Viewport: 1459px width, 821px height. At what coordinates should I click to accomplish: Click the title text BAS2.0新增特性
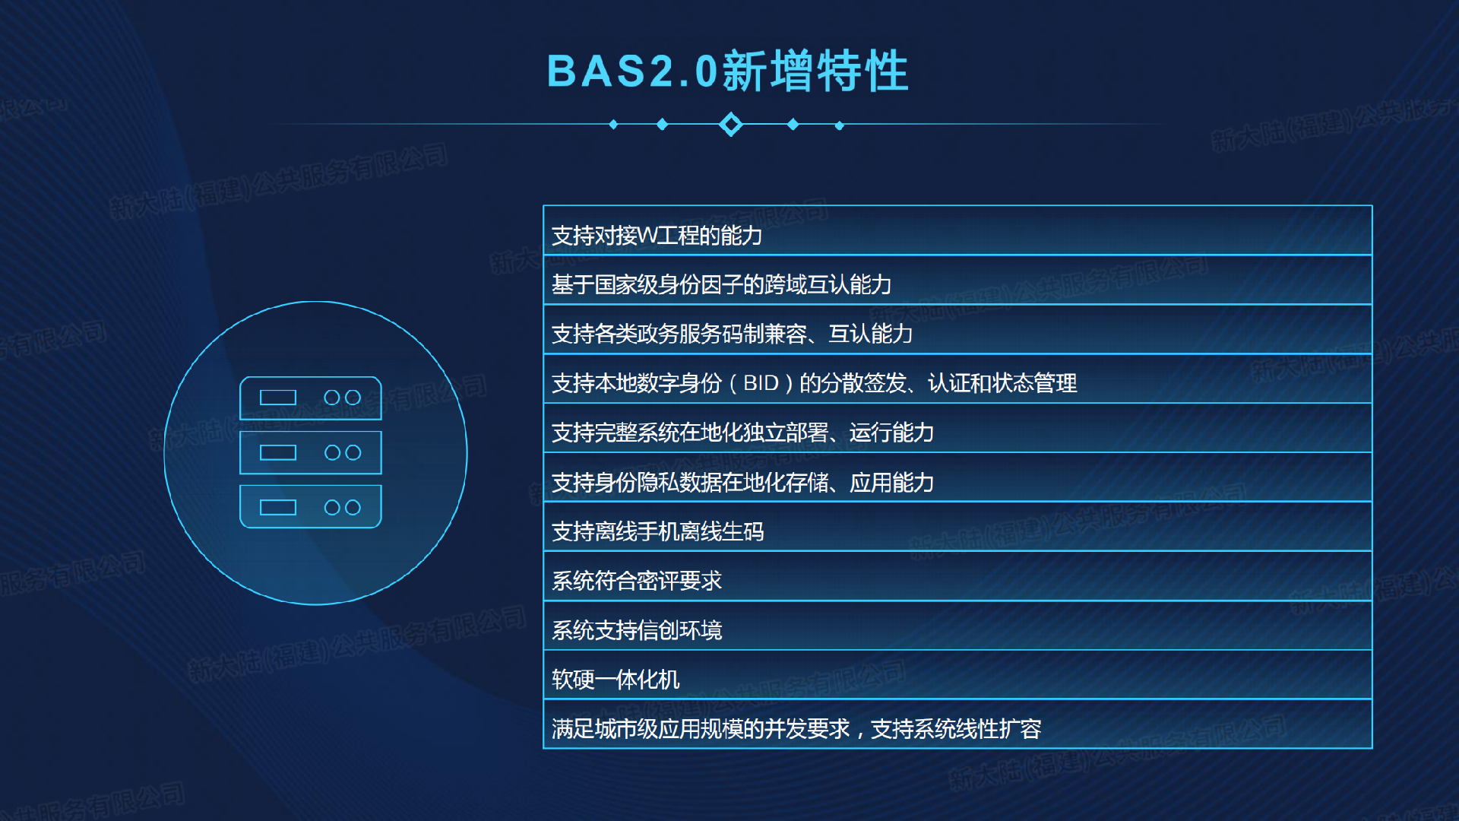point(728,71)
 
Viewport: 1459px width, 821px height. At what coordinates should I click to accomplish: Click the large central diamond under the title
point(731,124)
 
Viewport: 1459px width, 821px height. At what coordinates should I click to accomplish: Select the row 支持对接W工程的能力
point(957,231)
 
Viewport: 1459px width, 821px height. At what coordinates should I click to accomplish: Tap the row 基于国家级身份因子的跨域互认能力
point(957,281)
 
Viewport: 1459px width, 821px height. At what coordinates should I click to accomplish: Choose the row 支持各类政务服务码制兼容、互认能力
point(957,330)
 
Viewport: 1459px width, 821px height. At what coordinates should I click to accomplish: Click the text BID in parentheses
point(761,383)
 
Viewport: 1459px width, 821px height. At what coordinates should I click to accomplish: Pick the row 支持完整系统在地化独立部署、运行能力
point(957,429)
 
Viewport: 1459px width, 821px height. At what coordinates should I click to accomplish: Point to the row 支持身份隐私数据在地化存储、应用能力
point(957,478)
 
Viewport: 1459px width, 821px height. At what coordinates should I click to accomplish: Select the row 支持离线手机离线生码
point(957,528)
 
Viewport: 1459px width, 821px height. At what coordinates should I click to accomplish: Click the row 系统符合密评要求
point(957,577)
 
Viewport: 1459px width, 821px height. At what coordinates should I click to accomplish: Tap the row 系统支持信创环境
point(957,626)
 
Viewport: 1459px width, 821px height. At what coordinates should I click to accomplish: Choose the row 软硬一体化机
point(957,676)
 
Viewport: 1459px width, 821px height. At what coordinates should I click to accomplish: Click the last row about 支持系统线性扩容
point(957,724)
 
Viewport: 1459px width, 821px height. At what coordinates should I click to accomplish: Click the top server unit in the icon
point(311,398)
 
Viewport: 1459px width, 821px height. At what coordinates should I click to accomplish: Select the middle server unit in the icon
point(311,453)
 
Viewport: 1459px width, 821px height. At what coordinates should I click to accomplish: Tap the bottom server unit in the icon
point(311,507)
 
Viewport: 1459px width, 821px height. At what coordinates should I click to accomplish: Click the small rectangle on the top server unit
point(278,398)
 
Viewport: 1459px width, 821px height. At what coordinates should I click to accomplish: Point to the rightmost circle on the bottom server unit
point(353,507)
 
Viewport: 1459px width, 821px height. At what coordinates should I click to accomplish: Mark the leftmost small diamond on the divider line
point(613,125)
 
